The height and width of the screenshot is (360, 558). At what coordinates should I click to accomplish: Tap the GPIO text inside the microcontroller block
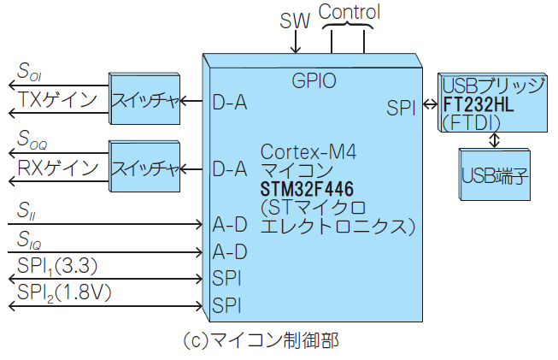point(314,81)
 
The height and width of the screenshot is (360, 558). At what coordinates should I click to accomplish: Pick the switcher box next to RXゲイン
point(144,168)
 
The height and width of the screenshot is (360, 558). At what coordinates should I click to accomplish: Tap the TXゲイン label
point(58,101)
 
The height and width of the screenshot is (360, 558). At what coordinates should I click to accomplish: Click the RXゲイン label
point(58,168)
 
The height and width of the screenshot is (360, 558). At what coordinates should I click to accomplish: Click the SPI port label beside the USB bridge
point(400,109)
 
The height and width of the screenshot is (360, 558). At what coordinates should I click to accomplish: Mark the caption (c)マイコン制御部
point(261,339)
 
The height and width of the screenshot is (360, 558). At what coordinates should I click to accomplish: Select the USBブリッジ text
point(493,86)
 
